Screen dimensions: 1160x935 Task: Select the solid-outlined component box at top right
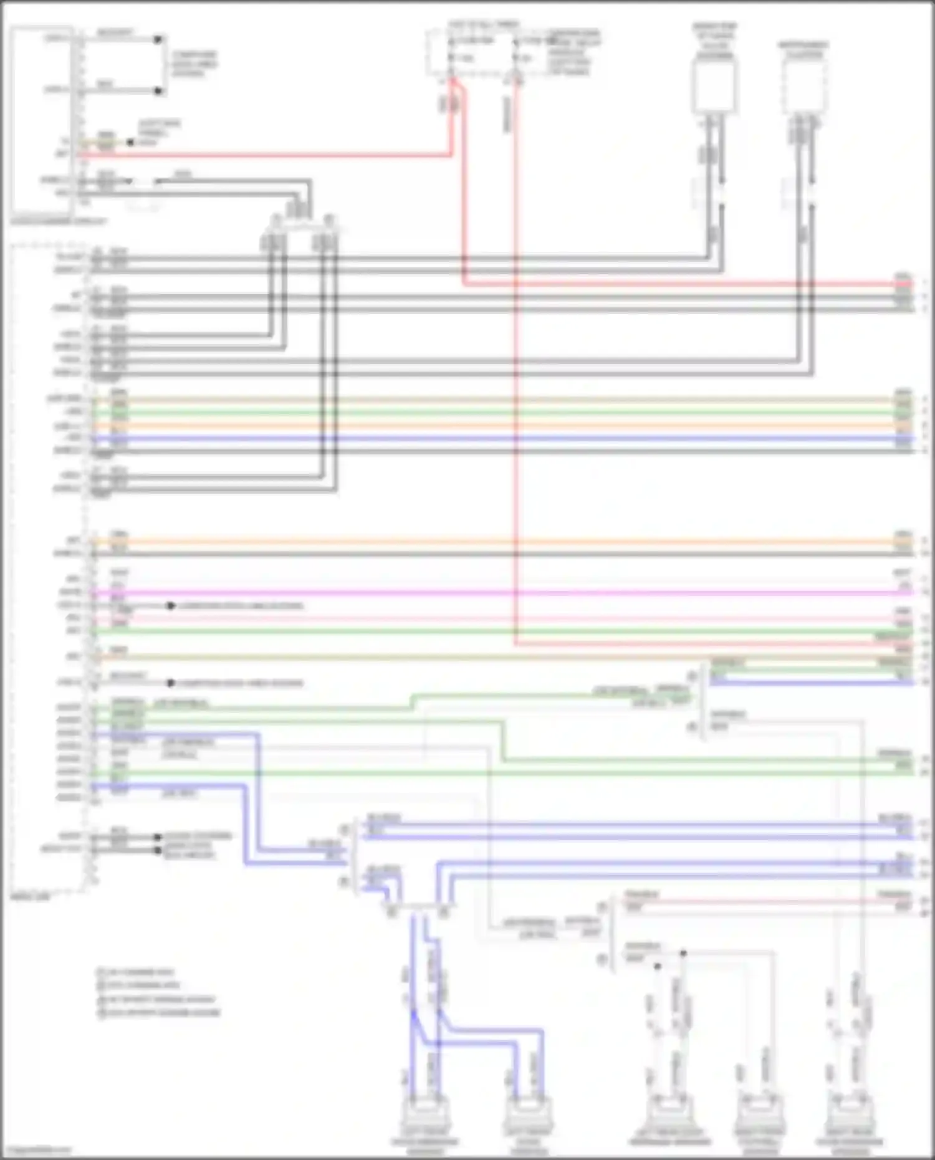tap(714, 85)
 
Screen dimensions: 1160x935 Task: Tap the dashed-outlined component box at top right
tap(804, 87)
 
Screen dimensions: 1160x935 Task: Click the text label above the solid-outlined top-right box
tap(714, 41)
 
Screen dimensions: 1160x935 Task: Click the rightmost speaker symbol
tap(849, 1116)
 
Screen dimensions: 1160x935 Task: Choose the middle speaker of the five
tap(669, 1116)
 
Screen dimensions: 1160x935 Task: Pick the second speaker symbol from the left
tap(528, 1116)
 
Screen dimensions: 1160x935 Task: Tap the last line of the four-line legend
tap(158, 1013)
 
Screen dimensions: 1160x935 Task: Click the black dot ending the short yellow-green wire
tap(130, 143)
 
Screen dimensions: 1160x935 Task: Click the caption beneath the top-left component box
tap(59, 221)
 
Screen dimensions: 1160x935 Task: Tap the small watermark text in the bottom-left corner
tap(36, 1151)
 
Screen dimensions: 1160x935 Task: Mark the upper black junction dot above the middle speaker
tap(683, 953)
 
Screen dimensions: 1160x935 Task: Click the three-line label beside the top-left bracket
tap(194, 64)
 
